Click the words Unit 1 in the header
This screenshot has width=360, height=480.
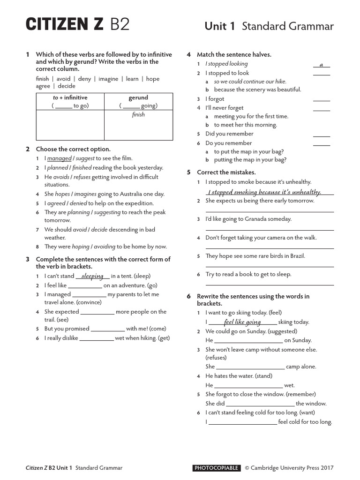point(220,26)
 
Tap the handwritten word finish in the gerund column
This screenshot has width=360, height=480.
point(138,115)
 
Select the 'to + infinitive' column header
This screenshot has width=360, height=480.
point(70,97)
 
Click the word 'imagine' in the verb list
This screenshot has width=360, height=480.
point(108,79)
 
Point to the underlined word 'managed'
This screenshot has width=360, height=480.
point(59,158)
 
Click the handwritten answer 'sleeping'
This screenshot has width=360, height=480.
point(92,276)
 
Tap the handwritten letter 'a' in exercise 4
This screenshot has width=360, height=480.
point(321,64)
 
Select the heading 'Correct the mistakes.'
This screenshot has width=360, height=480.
point(226,172)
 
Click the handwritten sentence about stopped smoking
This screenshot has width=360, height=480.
point(264,192)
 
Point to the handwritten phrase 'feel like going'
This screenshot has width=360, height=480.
point(242,322)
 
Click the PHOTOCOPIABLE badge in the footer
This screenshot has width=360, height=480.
point(217,468)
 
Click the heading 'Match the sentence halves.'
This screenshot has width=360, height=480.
point(234,54)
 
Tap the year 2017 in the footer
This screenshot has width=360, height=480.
point(326,468)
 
